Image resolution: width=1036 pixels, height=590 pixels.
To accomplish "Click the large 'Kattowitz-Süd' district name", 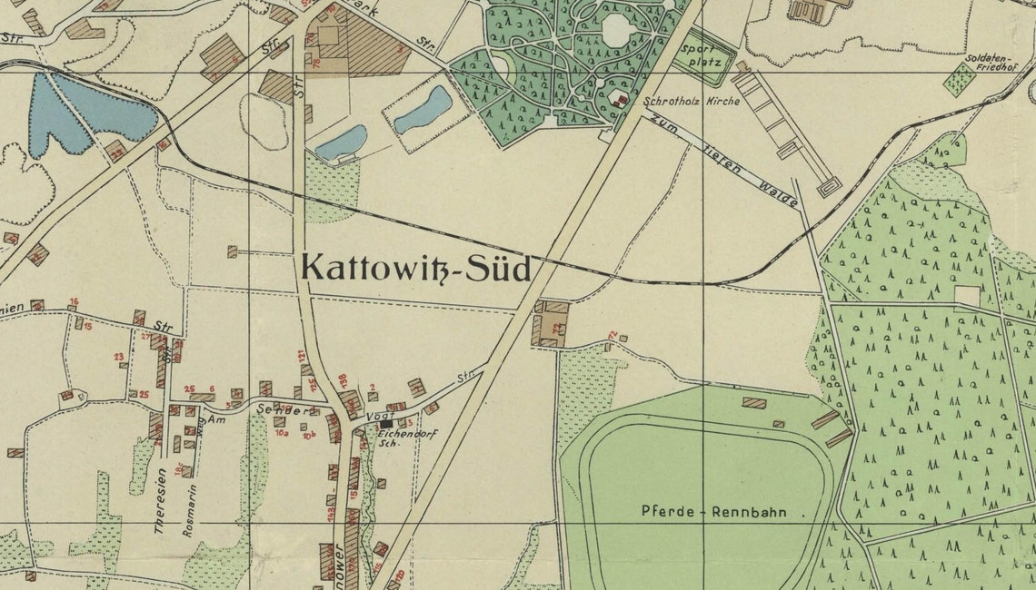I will click(415, 269).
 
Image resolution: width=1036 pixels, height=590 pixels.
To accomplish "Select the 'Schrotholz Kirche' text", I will click(692, 102).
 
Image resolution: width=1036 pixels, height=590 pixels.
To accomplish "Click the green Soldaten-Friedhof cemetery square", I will click(959, 80).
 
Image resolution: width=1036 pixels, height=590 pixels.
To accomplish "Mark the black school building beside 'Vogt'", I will click(387, 424).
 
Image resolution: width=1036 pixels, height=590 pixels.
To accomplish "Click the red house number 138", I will click(343, 379).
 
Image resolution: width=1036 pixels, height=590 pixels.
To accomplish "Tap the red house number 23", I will click(119, 357).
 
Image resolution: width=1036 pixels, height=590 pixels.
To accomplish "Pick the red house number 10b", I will click(309, 436).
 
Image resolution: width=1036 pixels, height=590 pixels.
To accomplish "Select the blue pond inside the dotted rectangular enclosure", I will click(423, 111).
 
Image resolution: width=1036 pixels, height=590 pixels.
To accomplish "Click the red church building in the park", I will click(622, 100).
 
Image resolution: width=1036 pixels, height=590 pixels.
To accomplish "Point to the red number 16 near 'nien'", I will click(73, 301).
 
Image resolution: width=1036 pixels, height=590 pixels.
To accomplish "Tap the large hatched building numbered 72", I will click(551, 325).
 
